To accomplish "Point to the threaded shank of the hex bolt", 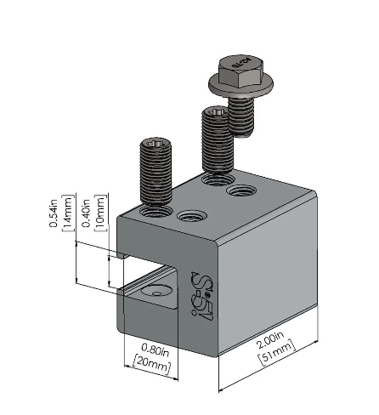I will pos(245,113).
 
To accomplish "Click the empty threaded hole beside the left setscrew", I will pos(186,213).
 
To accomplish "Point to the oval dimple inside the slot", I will pos(156,292).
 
